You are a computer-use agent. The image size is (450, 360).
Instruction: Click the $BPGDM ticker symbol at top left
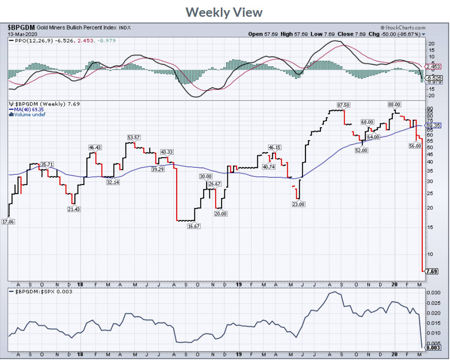(x=22, y=27)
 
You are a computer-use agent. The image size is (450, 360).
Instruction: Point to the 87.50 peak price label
(x=343, y=105)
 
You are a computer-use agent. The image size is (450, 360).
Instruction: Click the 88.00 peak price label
(x=394, y=105)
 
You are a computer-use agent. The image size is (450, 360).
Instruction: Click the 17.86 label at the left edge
(x=8, y=221)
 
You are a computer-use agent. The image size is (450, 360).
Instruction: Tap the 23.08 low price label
(x=298, y=204)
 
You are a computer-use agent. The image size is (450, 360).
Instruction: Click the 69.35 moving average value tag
(x=433, y=126)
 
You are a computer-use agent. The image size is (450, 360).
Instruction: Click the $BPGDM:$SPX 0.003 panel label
(x=41, y=292)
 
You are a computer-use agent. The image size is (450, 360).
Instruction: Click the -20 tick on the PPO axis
(x=431, y=95)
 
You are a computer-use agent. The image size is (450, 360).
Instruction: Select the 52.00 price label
(x=361, y=150)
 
